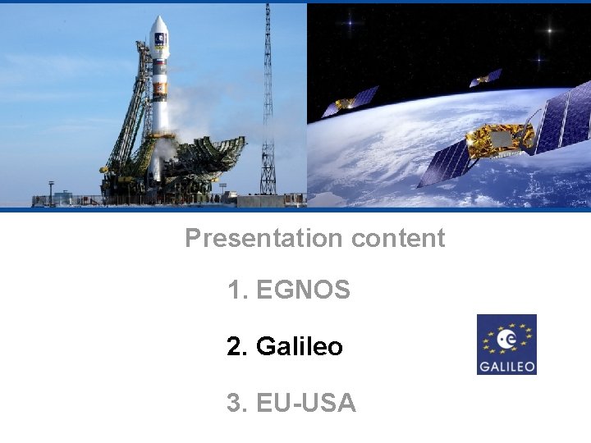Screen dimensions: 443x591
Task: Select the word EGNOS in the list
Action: click(x=303, y=290)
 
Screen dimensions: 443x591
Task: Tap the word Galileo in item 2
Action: click(x=299, y=347)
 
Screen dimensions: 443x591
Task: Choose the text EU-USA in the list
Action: click(x=306, y=404)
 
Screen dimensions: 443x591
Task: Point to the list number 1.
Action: click(x=236, y=290)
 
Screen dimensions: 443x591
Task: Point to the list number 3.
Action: click(x=236, y=404)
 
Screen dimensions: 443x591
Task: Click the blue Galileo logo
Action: click(x=506, y=345)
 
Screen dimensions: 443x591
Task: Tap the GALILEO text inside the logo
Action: click(x=506, y=365)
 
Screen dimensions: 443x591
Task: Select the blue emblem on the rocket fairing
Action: click(x=159, y=39)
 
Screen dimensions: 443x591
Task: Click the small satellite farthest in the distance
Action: click(x=485, y=79)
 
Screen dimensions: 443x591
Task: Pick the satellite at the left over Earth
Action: click(x=350, y=103)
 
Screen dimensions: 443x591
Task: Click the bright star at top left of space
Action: click(x=350, y=23)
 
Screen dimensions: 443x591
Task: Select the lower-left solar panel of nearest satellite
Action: click(x=442, y=164)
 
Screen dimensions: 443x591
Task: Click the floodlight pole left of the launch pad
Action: click(x=51, y=192)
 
